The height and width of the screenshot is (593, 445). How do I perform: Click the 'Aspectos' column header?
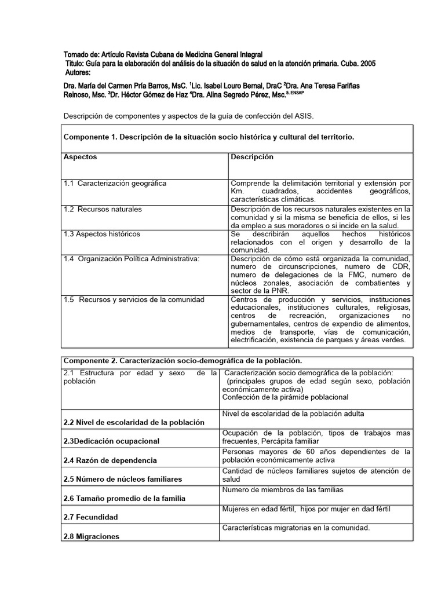(81, 157)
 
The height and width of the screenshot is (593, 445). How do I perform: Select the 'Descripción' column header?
(252, 157)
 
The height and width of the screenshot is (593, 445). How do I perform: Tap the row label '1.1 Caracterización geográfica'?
(115, 183)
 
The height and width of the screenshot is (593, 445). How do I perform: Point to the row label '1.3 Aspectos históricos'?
(102, 234)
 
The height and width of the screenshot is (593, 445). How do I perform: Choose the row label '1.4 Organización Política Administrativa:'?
(132, 258)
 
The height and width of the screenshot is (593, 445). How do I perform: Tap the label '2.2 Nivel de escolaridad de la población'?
(133, 422)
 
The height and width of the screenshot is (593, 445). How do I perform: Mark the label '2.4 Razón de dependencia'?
(110, 460)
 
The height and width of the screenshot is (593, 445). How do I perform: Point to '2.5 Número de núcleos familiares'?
(122, 479)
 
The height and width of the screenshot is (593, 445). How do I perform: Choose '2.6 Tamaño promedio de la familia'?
(124, 498)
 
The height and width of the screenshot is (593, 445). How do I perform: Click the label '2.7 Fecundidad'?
(90, 517)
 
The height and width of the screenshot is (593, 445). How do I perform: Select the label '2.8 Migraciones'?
(91, 536)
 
